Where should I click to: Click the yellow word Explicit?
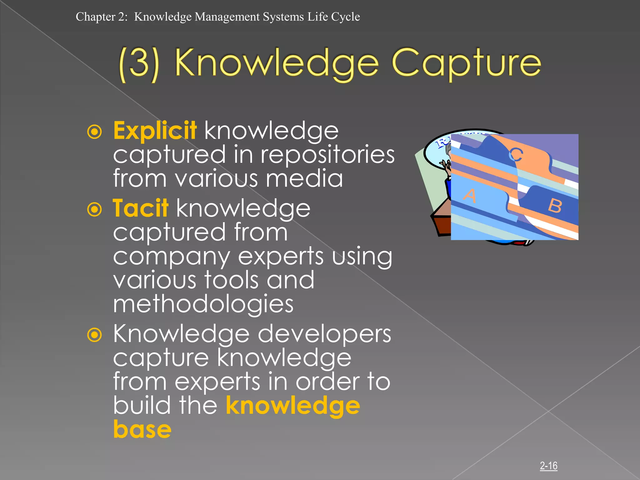point(155,131)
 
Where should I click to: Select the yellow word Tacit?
point(140,208)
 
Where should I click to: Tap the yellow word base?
point(142,429)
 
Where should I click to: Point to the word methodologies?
point(203,304)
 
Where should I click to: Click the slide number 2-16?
point(548,466)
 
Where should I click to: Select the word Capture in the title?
point(466,63)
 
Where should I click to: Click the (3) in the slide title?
point(139,64)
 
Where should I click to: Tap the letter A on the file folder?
point(470,196)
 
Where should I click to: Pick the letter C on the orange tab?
point(516,154)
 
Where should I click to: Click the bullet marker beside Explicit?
point(94,132)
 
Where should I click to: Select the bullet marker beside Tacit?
point(94,209)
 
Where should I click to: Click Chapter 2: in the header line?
point(102,17)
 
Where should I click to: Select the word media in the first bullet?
point(304,178)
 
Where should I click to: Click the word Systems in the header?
point(283,17)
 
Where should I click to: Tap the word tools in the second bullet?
point(231,280)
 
